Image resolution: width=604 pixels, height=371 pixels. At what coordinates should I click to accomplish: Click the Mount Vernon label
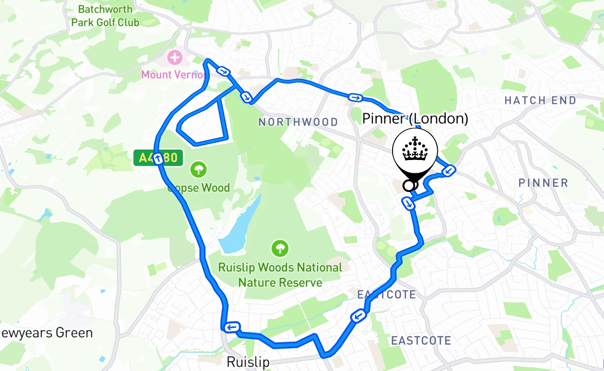(x=173, y=75)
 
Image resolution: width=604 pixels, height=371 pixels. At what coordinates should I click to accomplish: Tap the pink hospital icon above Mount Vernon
(x=175, y=58)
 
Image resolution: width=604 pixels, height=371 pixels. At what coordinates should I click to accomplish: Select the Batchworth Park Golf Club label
(x=105, y=15)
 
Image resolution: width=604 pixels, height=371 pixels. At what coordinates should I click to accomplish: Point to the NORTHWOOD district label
(x=298, y=122)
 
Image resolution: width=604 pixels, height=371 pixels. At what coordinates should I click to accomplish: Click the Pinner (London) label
(x=415, y=119)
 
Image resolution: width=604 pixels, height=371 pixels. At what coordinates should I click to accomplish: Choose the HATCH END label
(x=540, y=100)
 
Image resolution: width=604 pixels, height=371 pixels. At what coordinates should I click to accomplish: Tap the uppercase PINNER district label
(x=543, y=183)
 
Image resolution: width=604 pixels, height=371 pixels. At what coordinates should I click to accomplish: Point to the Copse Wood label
(x=200, y=188)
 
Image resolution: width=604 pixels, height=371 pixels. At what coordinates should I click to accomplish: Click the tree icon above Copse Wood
(x=198, y=169)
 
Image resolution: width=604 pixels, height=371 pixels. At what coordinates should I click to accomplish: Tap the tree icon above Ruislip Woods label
(x=280, y=248)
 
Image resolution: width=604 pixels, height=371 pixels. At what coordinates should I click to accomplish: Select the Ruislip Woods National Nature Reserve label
(x=280, y=275)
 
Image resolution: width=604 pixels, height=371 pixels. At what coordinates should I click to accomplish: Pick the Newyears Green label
(x=46, y=333)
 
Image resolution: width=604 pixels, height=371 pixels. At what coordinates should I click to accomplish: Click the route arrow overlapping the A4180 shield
(x=158, y=159)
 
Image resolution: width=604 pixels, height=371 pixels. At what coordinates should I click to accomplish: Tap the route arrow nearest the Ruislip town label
(x=231, y=327)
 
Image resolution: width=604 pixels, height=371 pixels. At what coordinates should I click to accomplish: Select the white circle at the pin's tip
(x=408, y=185)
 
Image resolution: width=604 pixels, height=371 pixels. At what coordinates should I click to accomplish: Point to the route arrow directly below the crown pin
(x=408, y=203)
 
